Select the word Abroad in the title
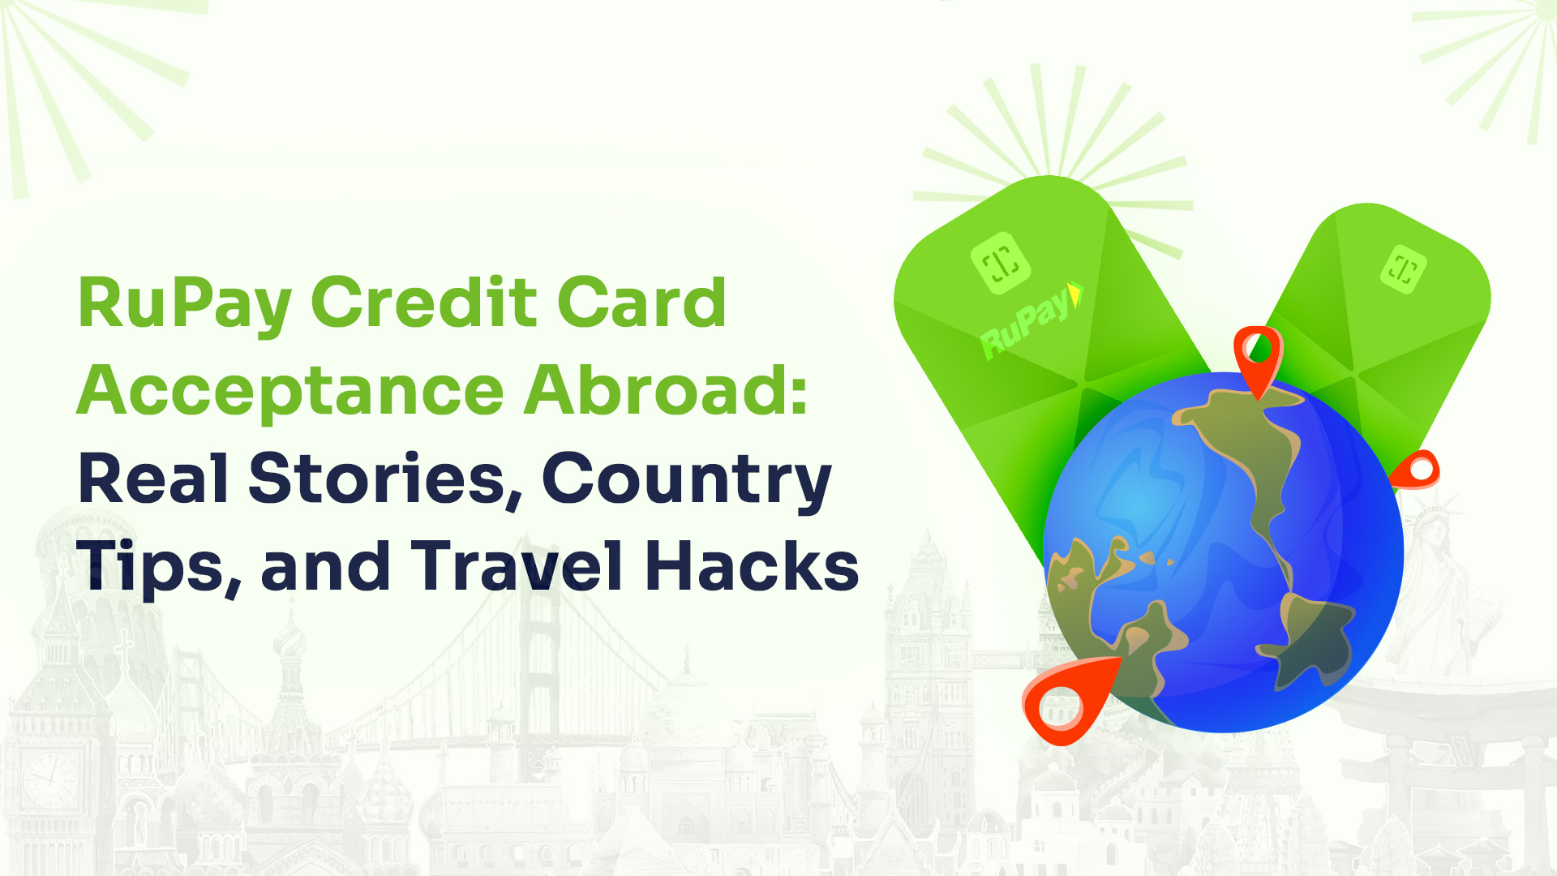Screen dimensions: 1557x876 (656, 389)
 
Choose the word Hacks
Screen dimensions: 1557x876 (752, 565)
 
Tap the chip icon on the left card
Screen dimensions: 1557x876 (1001, 262)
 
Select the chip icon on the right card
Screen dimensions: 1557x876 (1404, 268)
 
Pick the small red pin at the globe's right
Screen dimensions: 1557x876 (1415, 470)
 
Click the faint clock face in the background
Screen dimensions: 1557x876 (50, 778)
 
